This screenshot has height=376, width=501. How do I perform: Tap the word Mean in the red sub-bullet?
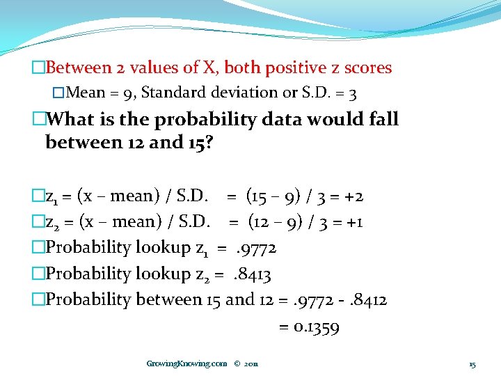pos(85,93)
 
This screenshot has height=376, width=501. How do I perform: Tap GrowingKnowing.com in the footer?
pos(186,363)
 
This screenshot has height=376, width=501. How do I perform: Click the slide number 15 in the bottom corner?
pos(472,364)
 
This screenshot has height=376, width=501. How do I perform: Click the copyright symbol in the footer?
pos(237,363)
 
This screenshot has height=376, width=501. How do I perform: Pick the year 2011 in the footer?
pos(251,363)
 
